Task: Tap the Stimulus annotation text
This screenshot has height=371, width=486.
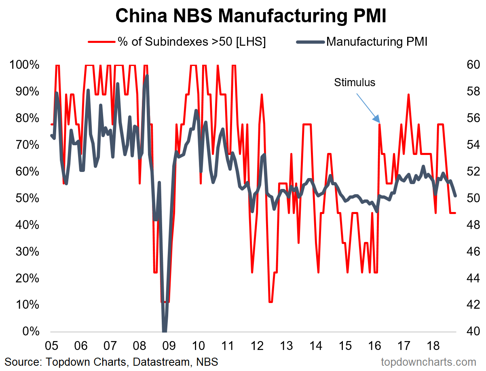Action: pyautogui.click(x=355, y=83)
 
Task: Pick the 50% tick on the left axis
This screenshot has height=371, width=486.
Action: pyautogui.click(x=25, y=198)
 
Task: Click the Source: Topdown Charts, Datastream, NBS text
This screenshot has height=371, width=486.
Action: pyautogui.click(x=112, y=362)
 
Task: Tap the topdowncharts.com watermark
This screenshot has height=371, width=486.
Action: pyautogui.click(x=429, y=362)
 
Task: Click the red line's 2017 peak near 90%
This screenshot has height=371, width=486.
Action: pyautogui.click(x=409, y=95)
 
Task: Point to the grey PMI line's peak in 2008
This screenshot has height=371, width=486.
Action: pyautogui.click(x=147, y=76)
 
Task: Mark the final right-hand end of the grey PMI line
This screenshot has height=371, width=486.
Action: pyautogui.click(x=456, y=196)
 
